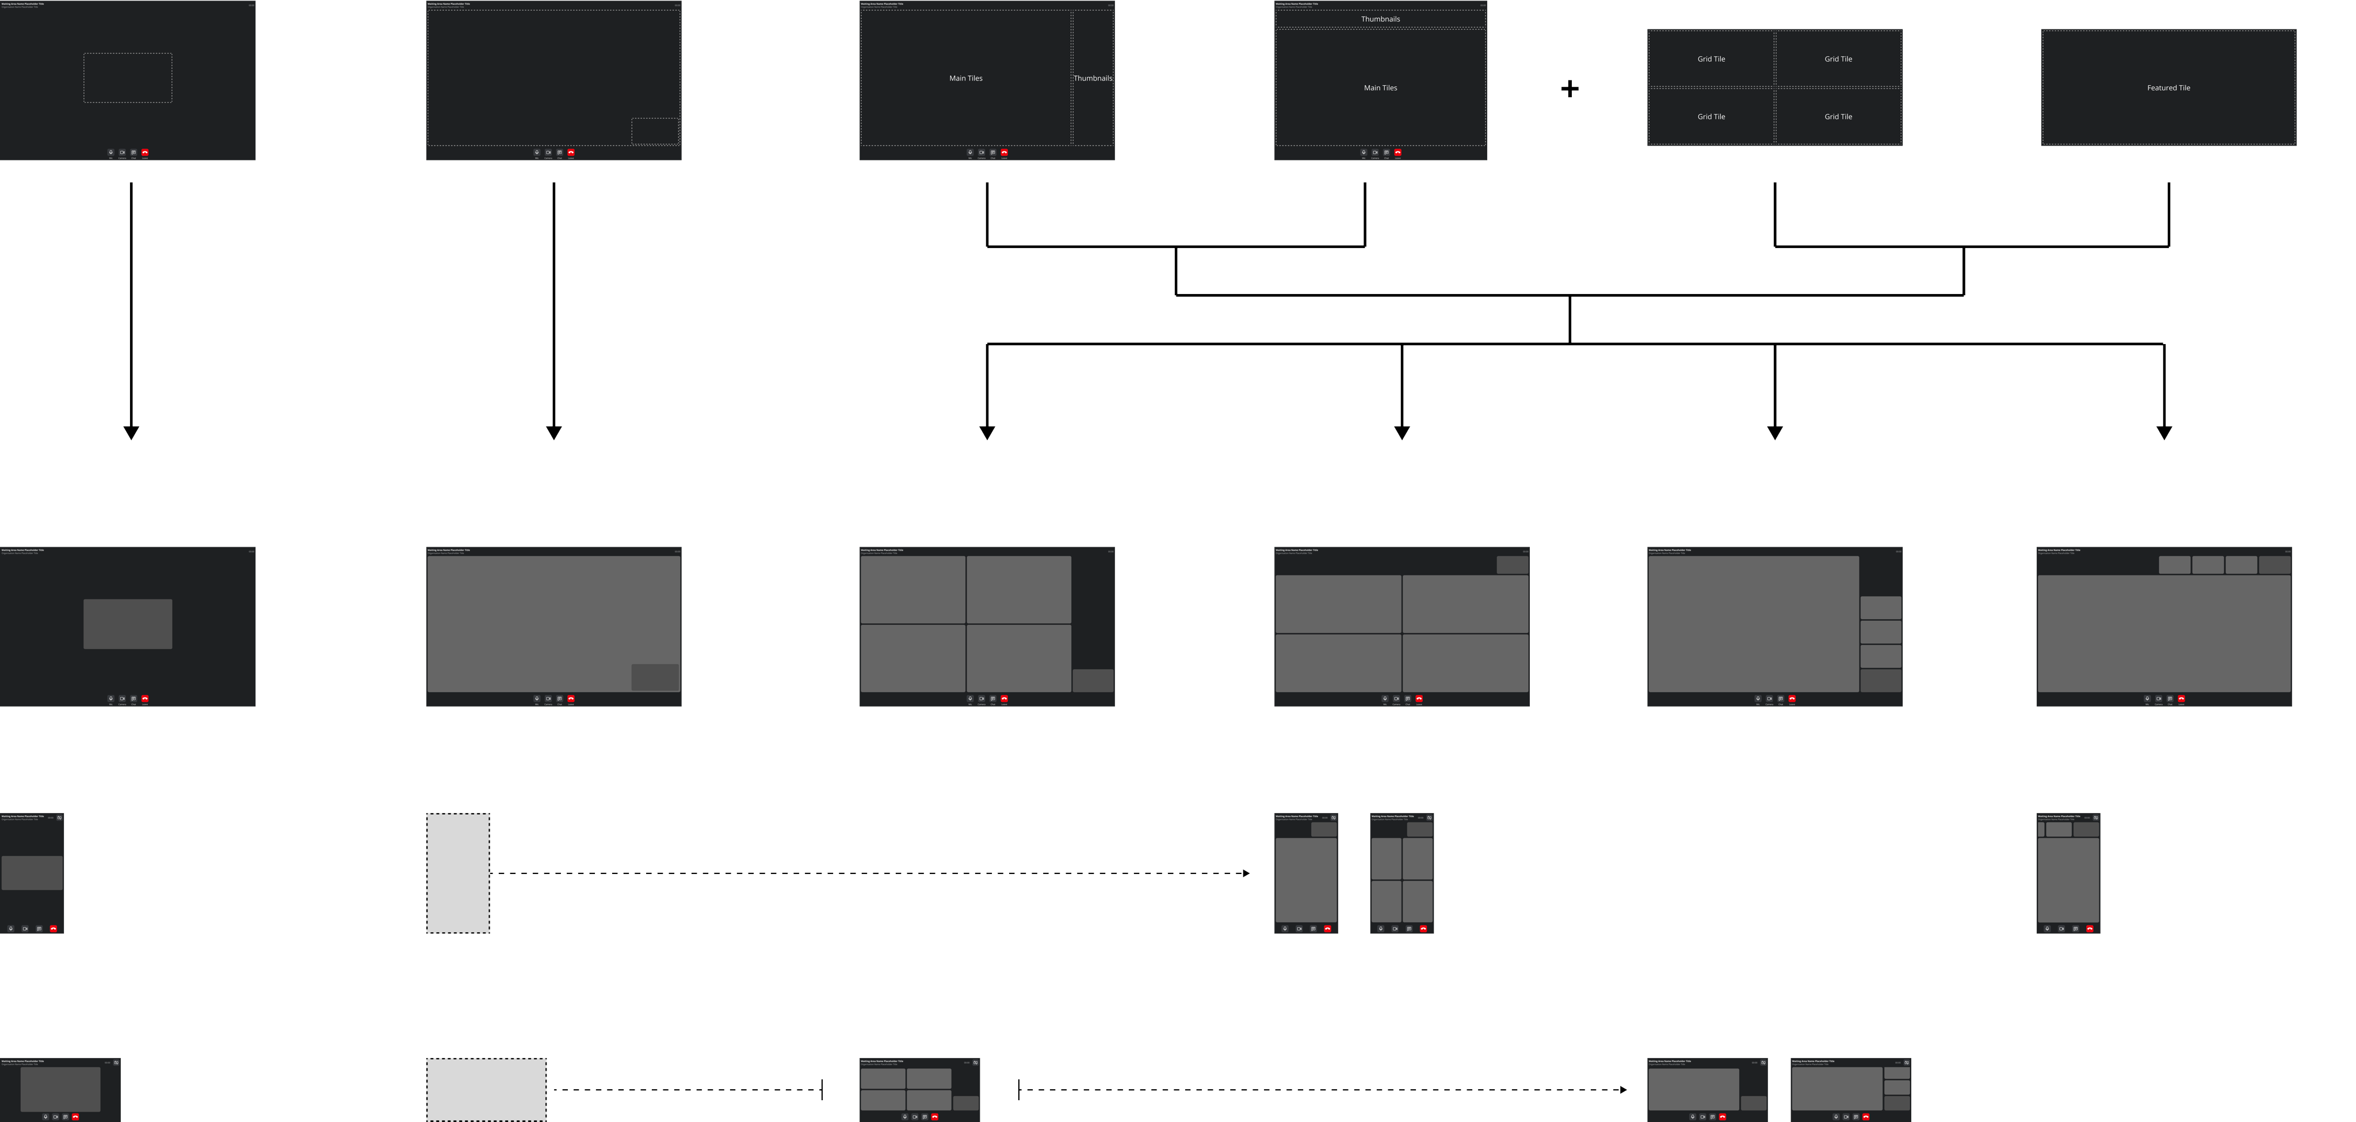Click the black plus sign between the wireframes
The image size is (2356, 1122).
1570,89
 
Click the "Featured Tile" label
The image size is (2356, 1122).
2168,88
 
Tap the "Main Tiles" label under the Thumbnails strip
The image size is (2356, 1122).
1380,88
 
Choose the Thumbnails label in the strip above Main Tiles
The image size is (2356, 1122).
1380,19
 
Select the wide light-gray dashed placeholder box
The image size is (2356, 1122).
486,1089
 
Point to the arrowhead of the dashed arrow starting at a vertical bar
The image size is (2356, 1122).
1624,1090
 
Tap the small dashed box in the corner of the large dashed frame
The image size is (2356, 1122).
655,131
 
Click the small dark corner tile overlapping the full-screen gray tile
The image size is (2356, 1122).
655,677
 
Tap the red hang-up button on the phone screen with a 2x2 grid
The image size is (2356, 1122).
1423,928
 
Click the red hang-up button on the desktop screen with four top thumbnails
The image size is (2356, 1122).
2181,699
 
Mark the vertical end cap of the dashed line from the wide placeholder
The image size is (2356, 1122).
822,1090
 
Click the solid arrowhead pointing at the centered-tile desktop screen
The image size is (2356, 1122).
131,433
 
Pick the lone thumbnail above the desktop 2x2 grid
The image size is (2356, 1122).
1512,565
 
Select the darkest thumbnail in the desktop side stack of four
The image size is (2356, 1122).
1880,680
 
